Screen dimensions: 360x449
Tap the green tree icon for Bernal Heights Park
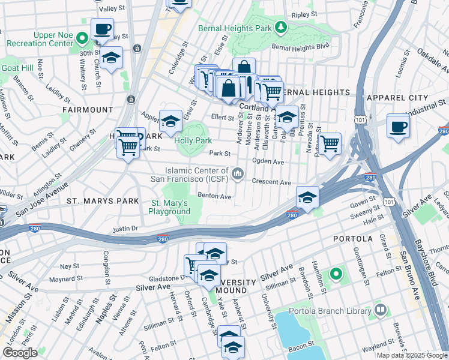[x=280, y=28]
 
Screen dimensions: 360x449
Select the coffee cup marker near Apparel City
[x=399, y=127]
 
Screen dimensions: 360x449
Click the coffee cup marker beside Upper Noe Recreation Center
[x=102, y=29]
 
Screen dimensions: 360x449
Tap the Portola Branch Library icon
[x=380, y=310]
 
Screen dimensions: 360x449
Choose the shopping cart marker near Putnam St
[x=329, y=144]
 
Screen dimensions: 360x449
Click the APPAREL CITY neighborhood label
[x=416, y=96]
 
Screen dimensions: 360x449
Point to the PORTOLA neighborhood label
[x=354, y=239]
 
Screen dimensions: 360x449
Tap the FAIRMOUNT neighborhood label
[x=87, y=110]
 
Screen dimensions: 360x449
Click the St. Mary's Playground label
[x=170, y=208]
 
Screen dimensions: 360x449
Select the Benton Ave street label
[x=214, y=196]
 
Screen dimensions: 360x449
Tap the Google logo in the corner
[x=20, y=353]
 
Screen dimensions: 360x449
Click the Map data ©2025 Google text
[x=412, y=355]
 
